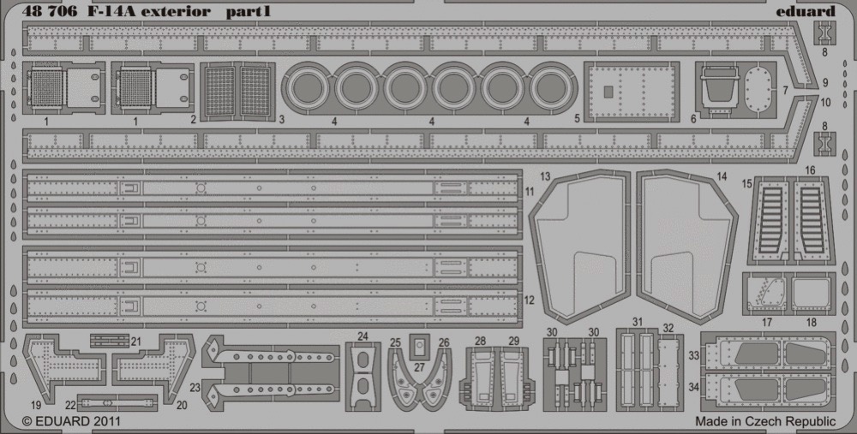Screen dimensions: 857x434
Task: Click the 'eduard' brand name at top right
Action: tap(805, 11)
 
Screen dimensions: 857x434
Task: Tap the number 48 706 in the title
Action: tap(47, 11)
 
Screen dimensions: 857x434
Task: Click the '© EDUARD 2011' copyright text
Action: tap(71, 421)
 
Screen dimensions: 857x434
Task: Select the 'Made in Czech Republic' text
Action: tap(765, 421)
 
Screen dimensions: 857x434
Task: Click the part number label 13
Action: tap(545, 176)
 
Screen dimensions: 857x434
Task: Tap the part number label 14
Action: tap(722, 176)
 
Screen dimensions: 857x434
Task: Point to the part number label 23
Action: tap(195, 388)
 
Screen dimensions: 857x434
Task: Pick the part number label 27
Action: tap(419, 367)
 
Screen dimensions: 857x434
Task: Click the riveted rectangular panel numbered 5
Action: tap(632, 92)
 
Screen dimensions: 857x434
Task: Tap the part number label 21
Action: tap(136, 342)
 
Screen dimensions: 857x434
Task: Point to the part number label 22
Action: tap(70, 405)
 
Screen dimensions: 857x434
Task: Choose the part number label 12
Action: tap(529, 300)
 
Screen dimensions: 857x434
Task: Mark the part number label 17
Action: tap(767, 323)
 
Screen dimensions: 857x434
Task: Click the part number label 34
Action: tap(693, 387)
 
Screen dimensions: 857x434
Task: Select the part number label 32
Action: tap(668, 328)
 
